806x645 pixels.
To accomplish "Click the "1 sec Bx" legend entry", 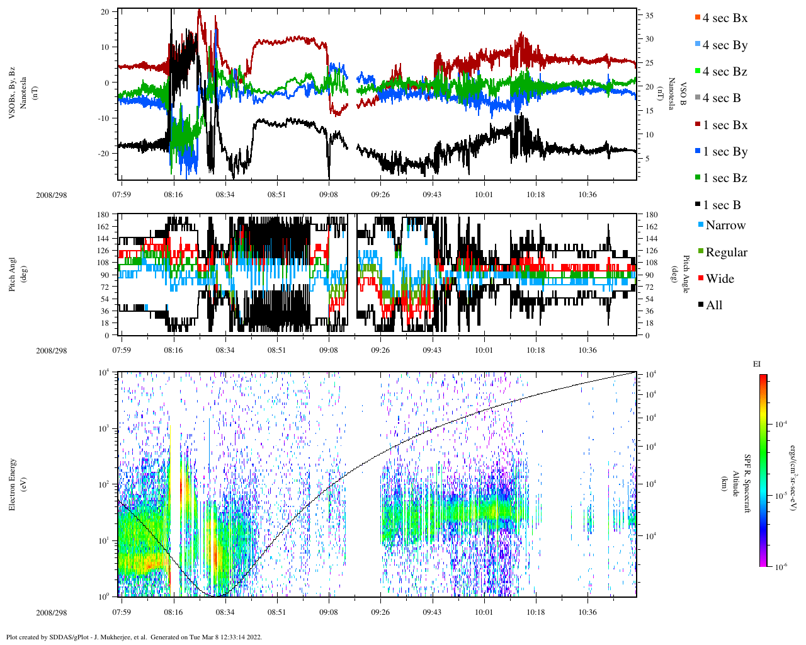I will coord(725,125).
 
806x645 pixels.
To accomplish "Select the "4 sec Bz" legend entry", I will coord(725,72).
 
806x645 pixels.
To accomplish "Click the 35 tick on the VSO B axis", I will coord(649,15).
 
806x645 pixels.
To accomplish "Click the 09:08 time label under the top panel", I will coord(328,195).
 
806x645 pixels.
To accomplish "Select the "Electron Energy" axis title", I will coord(12,484).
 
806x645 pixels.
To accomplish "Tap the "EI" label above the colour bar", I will coord(757,364).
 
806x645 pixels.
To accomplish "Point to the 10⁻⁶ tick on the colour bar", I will coord(781,567).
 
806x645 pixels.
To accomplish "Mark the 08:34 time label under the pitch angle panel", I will coord(225,350).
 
